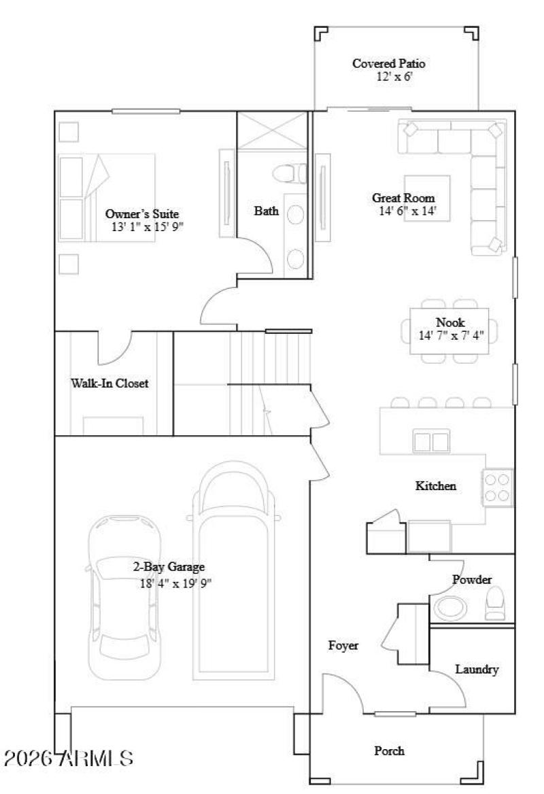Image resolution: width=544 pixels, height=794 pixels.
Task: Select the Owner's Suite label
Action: pos(141,213)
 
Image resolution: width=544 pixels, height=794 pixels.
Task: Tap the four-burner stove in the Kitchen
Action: pos(498,487)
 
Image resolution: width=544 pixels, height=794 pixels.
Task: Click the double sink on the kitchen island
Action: pos(431,441)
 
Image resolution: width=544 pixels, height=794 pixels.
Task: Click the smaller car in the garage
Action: pos(124,585)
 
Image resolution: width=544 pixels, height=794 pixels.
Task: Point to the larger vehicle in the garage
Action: pos(235,571)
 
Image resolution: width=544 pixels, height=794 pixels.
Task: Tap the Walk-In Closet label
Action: pos(109,383)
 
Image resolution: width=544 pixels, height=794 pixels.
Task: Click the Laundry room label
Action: pos(477,670)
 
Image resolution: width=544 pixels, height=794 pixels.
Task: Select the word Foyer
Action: pos(343,646)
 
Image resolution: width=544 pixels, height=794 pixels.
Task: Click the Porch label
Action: pos(390,750)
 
